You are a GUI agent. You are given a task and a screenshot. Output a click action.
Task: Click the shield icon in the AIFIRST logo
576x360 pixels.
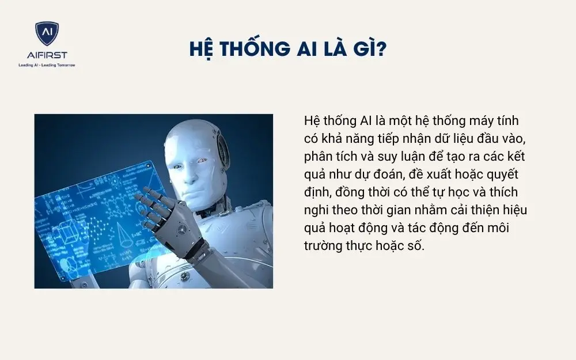47,35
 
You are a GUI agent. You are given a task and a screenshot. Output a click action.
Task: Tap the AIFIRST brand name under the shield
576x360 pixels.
47,55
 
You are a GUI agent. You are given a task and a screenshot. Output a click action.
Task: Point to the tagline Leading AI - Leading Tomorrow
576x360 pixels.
47,65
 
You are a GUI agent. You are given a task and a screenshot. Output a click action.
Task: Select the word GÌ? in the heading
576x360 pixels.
369,49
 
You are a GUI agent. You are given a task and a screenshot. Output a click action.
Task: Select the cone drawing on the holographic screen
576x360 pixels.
123,231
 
